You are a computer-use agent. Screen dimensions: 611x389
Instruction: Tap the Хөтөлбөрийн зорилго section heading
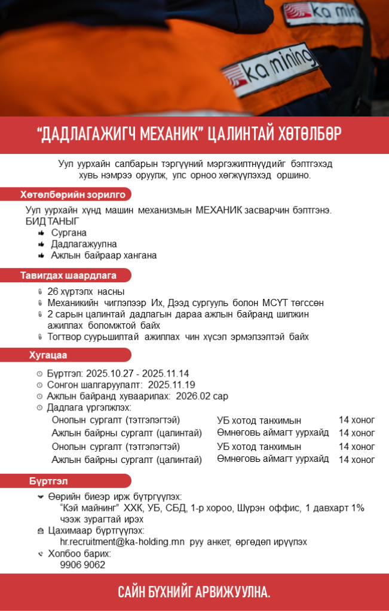(72, 195)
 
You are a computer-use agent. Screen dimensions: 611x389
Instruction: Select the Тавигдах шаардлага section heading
(68, 275)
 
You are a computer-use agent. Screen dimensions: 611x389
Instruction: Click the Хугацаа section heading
(48, 356)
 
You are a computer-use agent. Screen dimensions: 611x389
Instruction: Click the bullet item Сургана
(69, 233)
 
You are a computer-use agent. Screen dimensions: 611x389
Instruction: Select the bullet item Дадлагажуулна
(84, 244)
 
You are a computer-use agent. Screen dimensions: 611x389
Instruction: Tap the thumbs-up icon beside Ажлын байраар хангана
(41, 255)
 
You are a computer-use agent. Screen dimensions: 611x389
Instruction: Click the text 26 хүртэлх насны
(85, 292)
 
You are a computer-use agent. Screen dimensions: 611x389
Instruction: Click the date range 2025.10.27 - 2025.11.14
(137, 374)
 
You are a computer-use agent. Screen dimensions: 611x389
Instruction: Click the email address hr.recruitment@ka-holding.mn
(122, 542)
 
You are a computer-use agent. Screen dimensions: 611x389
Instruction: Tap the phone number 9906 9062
(82, 564)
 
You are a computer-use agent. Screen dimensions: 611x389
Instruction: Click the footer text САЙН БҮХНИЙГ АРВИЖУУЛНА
(194, 592)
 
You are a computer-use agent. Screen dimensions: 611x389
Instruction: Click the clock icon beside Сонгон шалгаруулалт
(40, 385)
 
